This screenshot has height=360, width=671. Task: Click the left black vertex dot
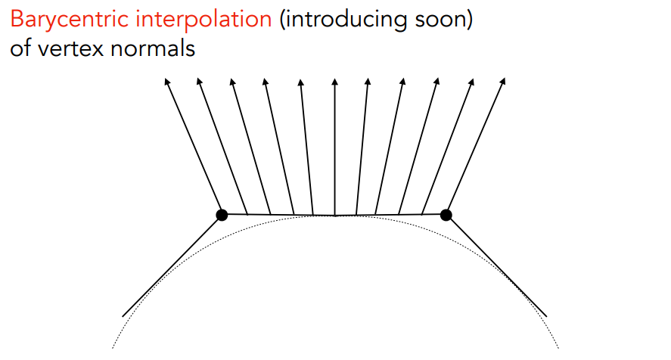click(222, 215)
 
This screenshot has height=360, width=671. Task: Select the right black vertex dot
click(446, 215)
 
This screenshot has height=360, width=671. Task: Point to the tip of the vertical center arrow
click(334, 78)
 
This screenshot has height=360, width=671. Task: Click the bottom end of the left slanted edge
click(123, 315)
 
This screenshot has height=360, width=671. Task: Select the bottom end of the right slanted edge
click(545, 315)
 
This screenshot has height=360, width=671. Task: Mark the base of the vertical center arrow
click(334, 216)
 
